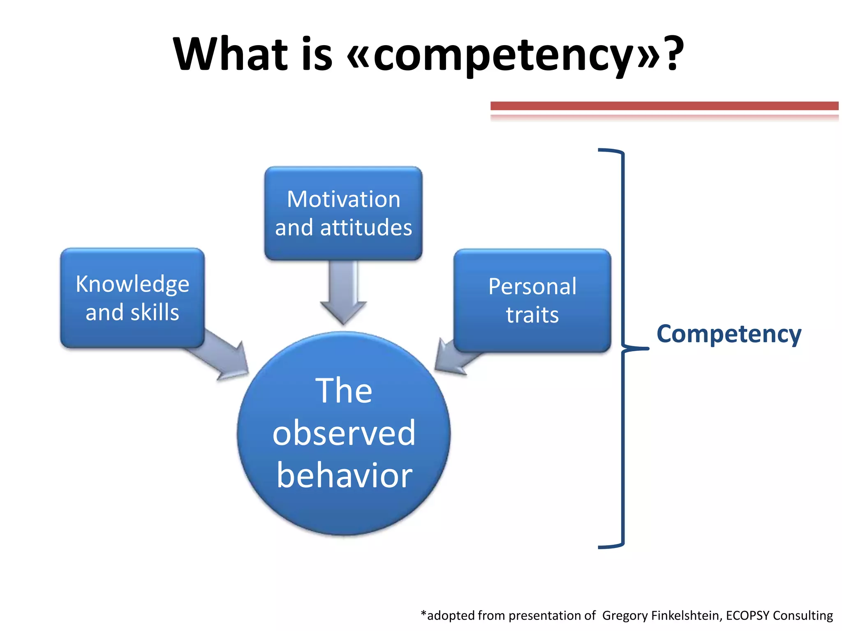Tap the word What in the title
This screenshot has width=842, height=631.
coord(230,54)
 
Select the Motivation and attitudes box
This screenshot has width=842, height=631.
coord(343,213)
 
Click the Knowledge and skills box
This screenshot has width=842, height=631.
coord(132,298)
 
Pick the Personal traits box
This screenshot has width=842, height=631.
coord(532,300)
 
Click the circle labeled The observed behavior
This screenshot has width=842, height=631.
coord(344,433)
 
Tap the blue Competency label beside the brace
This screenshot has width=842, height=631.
coord(729,334)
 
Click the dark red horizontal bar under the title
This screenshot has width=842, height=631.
coord(664,106)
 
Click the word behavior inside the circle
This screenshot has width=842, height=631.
coord(345,475)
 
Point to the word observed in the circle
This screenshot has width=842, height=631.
coord(344,433)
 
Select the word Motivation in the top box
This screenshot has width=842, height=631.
coord(343,199)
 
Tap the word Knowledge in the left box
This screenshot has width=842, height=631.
coord(132,284)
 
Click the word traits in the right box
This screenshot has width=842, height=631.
coord(532,315)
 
